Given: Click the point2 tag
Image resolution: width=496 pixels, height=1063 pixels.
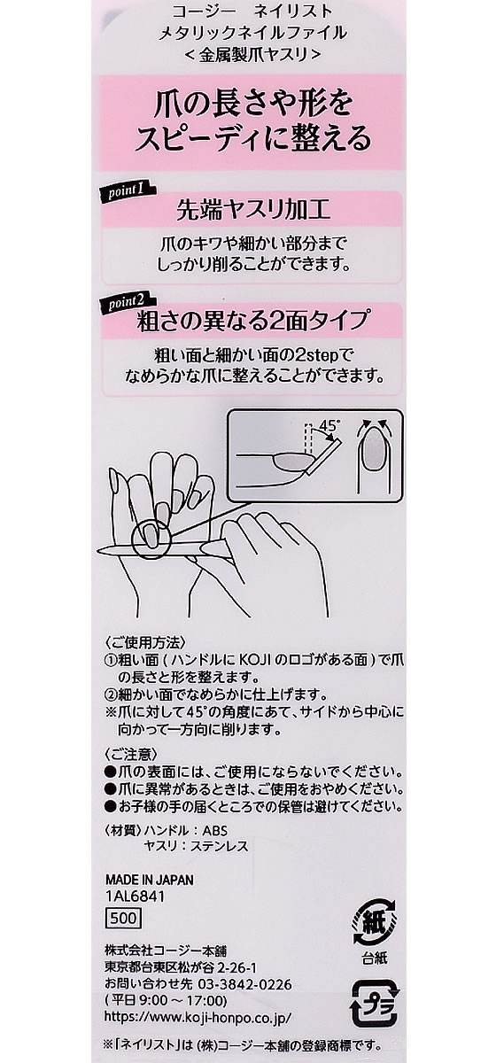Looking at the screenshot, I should pos(127,303).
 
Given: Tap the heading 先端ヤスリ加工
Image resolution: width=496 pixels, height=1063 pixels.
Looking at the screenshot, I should pos(253,210).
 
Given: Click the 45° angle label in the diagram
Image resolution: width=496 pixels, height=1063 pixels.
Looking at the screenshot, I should pos(329,426).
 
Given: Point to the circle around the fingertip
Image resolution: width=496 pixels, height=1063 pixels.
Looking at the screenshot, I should pos(145,538).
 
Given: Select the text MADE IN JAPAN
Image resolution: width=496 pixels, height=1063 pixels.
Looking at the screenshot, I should pos(149,880).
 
